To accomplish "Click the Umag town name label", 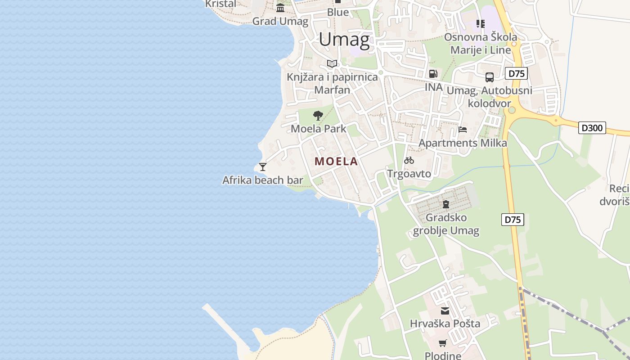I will (x=344, y=39).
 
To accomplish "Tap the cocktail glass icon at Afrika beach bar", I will (x=263, y=166).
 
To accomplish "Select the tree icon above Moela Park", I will (x=318, y=115).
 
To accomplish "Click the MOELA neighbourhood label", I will (x=336, y=162).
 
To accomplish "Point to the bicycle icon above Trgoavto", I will (x=409, y=160).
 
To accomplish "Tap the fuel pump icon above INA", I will (x=433, y=73).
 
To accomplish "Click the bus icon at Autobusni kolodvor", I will (x=490, y=77).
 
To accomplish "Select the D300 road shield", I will (x=592, y=128).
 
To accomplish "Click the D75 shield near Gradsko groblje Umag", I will (x=513, y=220).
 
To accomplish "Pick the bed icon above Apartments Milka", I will (x=463, y=130).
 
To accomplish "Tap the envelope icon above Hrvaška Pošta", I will (x=445, y=310).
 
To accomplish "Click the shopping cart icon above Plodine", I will (x=443, y=343).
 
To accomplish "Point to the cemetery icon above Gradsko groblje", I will (x=446, y=204).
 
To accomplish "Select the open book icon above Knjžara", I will (x=332, y=63).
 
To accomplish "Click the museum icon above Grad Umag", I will (x=280, y=8).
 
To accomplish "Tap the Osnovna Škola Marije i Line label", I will (x=481, y=43).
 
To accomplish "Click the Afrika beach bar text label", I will (x=263, y=180).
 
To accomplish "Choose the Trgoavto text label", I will (x=409, y=174).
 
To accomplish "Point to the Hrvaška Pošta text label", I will (x=445, y=324).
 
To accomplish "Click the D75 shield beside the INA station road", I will (x=516, y=73).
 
